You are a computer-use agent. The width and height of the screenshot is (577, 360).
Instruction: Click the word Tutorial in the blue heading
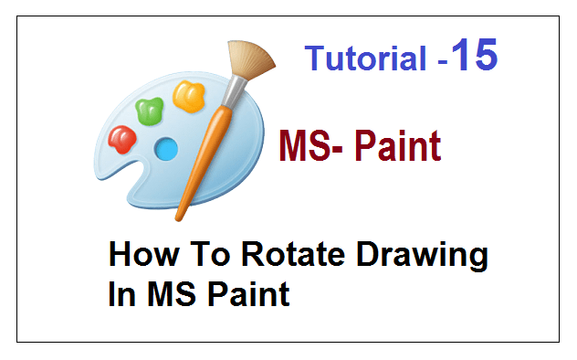click(x=364, y=59)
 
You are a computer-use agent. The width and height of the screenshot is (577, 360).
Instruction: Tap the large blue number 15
click(x=473, y=55)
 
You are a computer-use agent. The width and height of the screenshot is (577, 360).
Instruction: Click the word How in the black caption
click(x=140, y=257)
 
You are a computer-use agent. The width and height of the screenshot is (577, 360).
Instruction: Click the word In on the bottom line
click(x=116, y=295)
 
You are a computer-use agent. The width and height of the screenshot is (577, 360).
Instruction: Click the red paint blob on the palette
click(x=121, y=139)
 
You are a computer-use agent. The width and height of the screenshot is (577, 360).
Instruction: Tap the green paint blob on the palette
click(x=149, y=111)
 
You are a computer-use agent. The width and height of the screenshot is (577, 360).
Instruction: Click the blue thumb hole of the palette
click(x=166, y=147)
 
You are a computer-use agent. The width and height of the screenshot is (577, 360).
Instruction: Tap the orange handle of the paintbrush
click(x=204, y=155)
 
